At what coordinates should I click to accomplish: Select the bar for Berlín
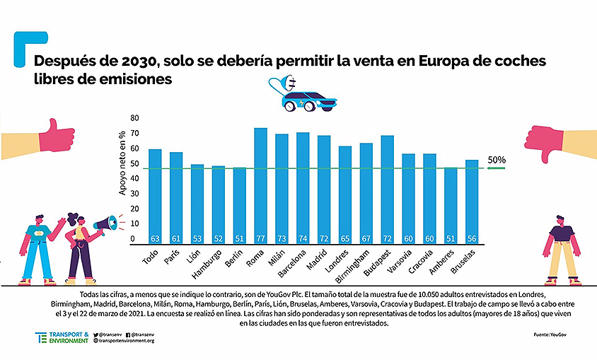tap(239, 206)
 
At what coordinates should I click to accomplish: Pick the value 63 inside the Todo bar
tap(155, 239)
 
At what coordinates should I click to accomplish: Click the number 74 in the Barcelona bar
tap(303, 239)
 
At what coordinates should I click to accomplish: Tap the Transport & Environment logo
tap(62, 337)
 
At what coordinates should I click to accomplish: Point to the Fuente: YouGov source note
tap(545, 334)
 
